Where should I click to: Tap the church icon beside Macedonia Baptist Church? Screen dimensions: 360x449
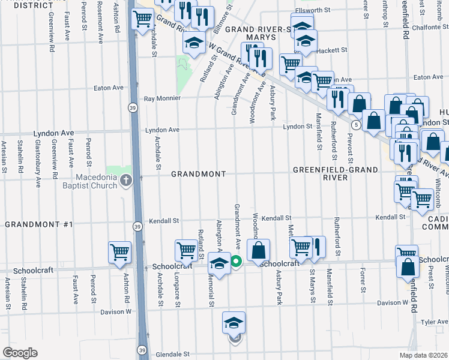tap(125, 180)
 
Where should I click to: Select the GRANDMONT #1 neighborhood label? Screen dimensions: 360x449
tap(38, 224)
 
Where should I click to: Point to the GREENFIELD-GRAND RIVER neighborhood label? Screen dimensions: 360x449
tap(336, 174)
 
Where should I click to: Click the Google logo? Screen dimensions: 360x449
tap(20, 353)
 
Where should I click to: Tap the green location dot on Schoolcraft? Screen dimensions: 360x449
tap(237, 261)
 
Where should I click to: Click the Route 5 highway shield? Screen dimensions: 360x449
tap(356, 125)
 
